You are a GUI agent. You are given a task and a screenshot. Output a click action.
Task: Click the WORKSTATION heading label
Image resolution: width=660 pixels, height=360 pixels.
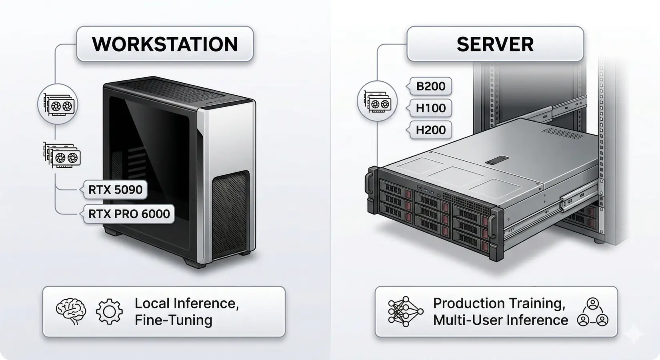tap(165, 44)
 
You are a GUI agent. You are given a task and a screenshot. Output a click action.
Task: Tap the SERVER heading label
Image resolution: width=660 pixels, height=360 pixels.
tap(495, 44)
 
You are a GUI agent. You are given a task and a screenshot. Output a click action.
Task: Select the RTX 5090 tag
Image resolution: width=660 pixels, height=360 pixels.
tap(115, 190)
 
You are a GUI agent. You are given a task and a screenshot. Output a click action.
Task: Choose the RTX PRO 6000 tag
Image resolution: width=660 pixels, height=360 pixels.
tap(129, 214)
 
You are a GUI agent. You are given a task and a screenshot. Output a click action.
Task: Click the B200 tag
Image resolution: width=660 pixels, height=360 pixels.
tap(430, 86)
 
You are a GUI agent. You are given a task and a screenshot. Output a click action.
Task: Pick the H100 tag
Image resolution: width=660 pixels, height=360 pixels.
tap(430, 108)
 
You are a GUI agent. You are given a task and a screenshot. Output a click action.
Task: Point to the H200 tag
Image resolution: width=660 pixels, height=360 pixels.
tap(430, 130)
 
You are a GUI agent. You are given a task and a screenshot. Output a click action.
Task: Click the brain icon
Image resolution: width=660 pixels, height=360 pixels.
tap(71, 312)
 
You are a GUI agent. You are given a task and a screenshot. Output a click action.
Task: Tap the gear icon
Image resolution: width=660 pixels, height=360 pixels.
tap(109, 312)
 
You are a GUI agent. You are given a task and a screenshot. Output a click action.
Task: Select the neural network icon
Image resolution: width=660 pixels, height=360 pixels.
tap(405, 312)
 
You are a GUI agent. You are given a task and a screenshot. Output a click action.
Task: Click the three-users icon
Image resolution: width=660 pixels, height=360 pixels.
tap(592, 312)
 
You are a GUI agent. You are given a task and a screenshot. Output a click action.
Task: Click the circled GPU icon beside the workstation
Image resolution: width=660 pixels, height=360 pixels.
tap(58, 104)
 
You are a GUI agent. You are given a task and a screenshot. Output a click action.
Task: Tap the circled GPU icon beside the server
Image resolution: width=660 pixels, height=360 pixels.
tap(377, 102)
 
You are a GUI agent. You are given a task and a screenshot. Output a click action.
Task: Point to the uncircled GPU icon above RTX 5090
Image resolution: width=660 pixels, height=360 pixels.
tap(62, 155)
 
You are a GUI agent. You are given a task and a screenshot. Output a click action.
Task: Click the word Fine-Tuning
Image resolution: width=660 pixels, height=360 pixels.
tap(173, 320)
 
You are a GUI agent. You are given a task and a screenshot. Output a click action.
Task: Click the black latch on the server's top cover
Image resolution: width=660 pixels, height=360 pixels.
tap(496, 162)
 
